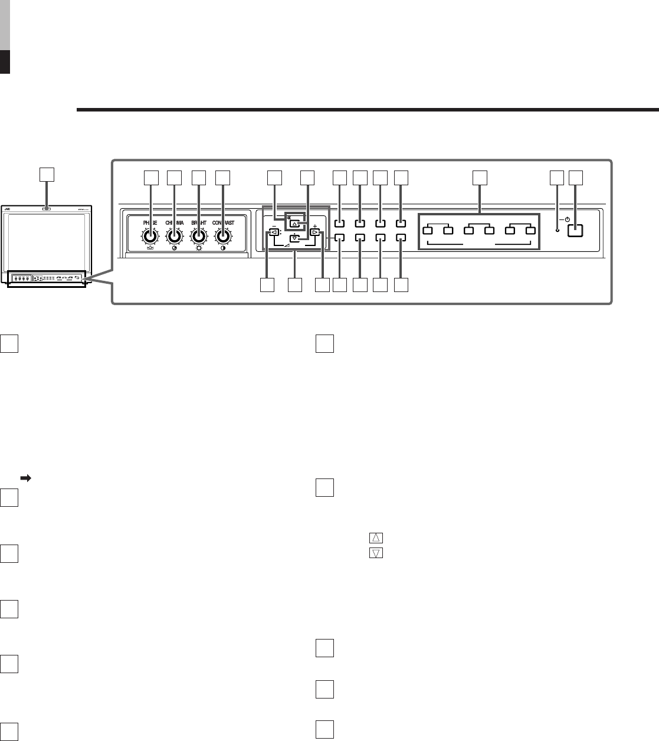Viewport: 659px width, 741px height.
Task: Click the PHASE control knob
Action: click(x=150, y=237)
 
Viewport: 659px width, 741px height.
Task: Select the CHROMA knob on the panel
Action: click(x=174, y=237)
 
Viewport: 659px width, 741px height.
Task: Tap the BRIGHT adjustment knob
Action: click(x=199, y=237)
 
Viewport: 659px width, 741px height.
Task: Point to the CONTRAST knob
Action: click(x=223, y=237)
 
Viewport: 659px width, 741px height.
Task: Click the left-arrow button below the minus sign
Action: click(x=274, y=232)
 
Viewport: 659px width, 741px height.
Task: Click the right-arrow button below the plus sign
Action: click(x=316, y=232)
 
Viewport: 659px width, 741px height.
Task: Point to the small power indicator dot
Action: click(x=558, y=229)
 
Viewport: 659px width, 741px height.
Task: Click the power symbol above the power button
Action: click(x=567, y=219)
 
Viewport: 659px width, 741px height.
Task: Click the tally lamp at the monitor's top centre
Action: click(x=46, y=208)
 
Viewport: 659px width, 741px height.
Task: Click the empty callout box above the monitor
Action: click(x=46, y=173)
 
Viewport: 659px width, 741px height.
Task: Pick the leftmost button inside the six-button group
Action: click(x=428, y=229)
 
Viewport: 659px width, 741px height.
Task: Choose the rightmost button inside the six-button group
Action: click(x=530, y=229)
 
